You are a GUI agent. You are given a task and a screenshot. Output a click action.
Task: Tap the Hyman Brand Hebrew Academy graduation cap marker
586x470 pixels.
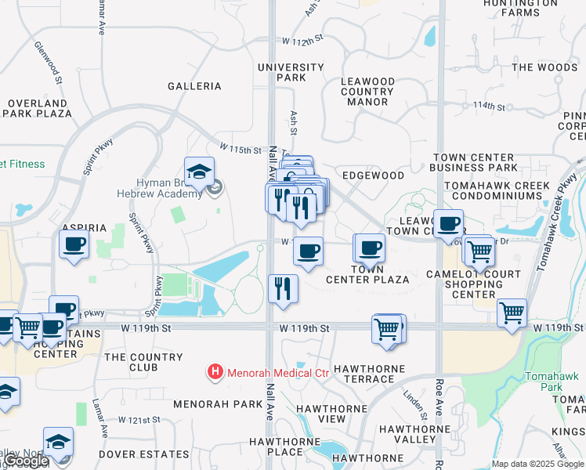coord(199,174)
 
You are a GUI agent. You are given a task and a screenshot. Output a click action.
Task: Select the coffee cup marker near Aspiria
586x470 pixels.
coord(74,246)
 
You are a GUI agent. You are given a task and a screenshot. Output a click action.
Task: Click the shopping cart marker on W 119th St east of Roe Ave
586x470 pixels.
coord(512,313)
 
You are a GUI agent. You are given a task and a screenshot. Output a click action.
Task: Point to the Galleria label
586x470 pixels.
coord(194,86)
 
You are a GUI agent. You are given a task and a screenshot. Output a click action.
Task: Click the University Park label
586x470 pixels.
coord(291,72)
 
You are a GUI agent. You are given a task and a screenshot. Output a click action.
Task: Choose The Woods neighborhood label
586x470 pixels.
coord(544,67)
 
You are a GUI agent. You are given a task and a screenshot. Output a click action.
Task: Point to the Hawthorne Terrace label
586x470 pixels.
coord(369,374)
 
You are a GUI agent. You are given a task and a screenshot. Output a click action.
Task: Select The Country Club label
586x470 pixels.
coord(143,362)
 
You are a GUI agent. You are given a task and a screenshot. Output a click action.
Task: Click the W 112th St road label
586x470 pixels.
coord(303,41)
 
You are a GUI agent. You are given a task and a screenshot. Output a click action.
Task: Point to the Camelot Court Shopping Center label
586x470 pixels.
coord(475,284)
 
